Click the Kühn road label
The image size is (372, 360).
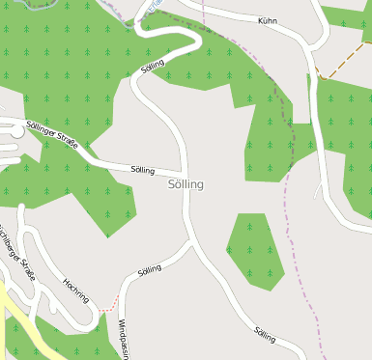coord(268,20)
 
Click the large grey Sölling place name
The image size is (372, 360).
coord(186,183)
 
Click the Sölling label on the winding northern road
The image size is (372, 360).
coord(153,67)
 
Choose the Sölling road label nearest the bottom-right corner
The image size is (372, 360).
coord(265,335)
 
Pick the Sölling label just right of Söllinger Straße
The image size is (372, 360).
coord(142,170)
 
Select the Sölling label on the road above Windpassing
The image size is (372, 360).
coord(150,270)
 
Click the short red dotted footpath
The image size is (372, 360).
coord(109,301)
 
